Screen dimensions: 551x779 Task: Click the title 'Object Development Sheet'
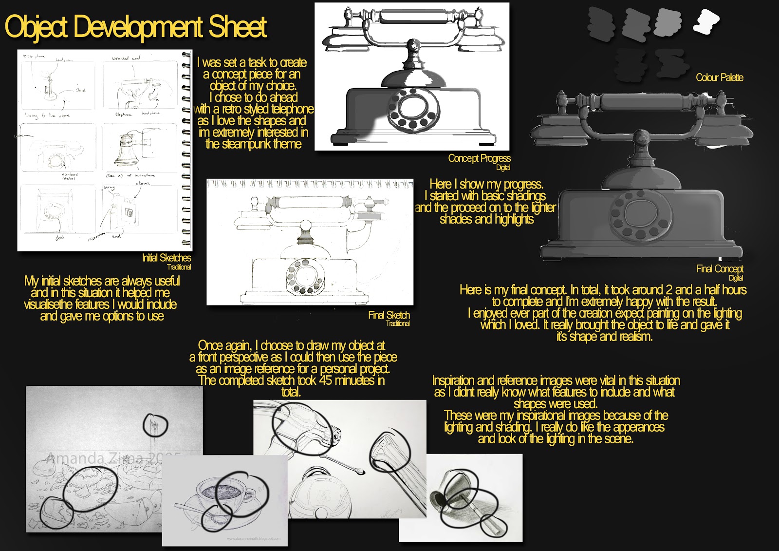tap(135, 27)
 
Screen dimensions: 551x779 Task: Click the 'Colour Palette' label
tap(719, 77)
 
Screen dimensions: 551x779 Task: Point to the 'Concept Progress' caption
tap(479, 158)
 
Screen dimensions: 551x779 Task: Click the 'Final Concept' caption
tap(719, 269)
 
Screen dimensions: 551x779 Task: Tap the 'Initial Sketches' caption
tap(167, 258)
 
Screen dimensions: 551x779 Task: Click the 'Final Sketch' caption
tap(389, 315)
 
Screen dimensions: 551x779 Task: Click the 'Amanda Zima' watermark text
tap(95, 458)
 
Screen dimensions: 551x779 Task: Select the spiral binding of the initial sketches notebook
tap(186, 149)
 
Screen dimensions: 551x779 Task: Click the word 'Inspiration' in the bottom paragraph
tap(453, 380)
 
